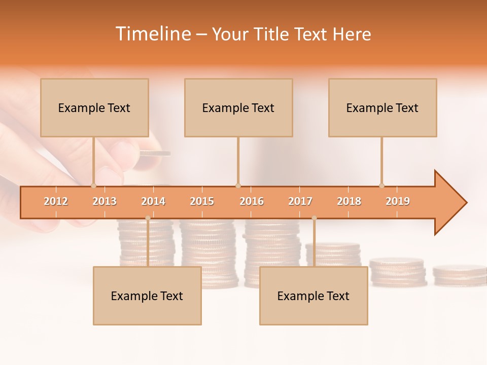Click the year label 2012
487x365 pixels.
pyautogui.click(x=56, y=201)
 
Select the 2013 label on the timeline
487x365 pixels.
pyautogui.click(x=105, y=201)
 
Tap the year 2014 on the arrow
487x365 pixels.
pyautogui.click(x=153, y=201)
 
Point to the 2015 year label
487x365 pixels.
pyautogui.click(x=202, y=201)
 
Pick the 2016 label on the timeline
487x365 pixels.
pyautogui.click(x=252, y=201)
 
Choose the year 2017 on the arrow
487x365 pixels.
pyautogui.click(x=300, y=201)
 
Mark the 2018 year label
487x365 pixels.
pyautogui.click(x=349, y=201)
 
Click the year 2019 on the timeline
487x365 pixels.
pyautogui.click(x=398, y=201)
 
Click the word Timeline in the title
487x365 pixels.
pyautogui.click(x=152, y=34)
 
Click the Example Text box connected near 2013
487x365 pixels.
pyautogui.click(x=94, y=107)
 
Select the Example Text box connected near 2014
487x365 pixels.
pyautogui.click(x=147, y=296)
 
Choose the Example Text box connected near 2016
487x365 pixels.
pyautogui.click(x=238, y=107)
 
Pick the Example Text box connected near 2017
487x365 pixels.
pyautogui.click(x=314, y=296)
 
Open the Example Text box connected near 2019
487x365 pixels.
pyautogui.click(x=382, y=107)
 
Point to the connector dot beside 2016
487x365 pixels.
pyautogui.click(x=238, y=186)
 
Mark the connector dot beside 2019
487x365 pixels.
pyautogui.click(x=382, y=186)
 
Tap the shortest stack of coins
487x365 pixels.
pyautogui.click(x=459, y=274)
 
